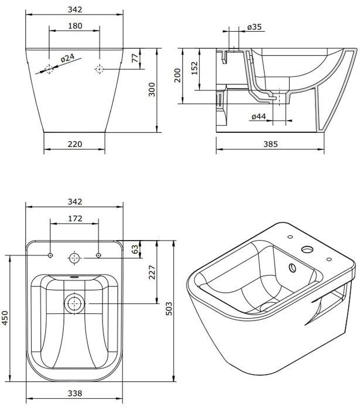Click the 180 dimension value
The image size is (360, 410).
pos(75,26)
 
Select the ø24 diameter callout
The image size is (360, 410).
pos(68,58)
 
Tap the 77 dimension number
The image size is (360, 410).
pos(135,58)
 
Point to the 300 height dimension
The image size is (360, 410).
pos(152,90)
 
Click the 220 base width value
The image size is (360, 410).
pos(75,144)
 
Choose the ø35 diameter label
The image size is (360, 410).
pos(254,27)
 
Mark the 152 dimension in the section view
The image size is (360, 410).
pos(194,68)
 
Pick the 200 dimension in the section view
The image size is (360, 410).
pos(177,76)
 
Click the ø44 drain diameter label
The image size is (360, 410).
pos(259,117)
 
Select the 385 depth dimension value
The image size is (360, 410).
pos(270,144)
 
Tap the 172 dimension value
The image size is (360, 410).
pos(75,218)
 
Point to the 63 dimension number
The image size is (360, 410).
pos(135,249)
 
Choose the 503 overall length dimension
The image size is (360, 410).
pos(169,309)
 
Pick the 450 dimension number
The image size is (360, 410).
pos(5,318)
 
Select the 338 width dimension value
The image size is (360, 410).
pos(75,393)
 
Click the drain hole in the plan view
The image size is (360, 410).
pos(75,303)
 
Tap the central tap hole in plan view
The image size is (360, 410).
pos(75,258)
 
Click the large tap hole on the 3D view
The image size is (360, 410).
pos(307,249)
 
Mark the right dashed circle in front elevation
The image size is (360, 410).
pos(99,69)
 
